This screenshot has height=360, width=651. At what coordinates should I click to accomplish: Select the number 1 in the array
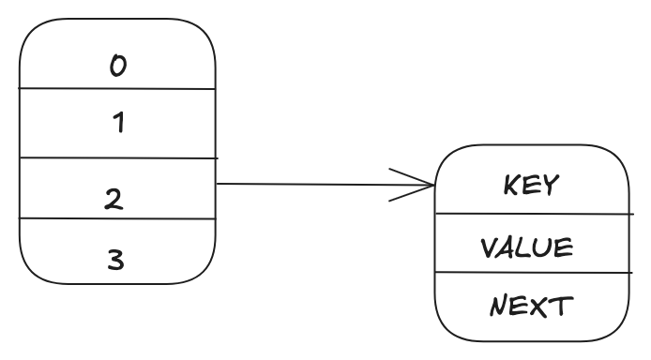(118, 123)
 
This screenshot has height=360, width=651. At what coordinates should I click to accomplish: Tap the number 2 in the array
(114, 199)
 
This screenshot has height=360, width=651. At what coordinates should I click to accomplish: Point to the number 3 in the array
(115, 260)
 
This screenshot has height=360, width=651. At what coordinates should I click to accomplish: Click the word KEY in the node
(531, 185)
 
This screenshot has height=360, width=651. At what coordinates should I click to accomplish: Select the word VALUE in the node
(526, 247)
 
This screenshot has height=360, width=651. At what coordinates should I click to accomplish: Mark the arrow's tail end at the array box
(219, 184)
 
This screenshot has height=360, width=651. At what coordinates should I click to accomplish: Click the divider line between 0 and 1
(117, 89)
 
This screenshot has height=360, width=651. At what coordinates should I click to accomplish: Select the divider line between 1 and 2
(117, 158)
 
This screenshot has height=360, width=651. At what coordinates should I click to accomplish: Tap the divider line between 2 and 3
(117, 218)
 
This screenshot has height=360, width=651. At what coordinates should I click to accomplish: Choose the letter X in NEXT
(543, 307)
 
